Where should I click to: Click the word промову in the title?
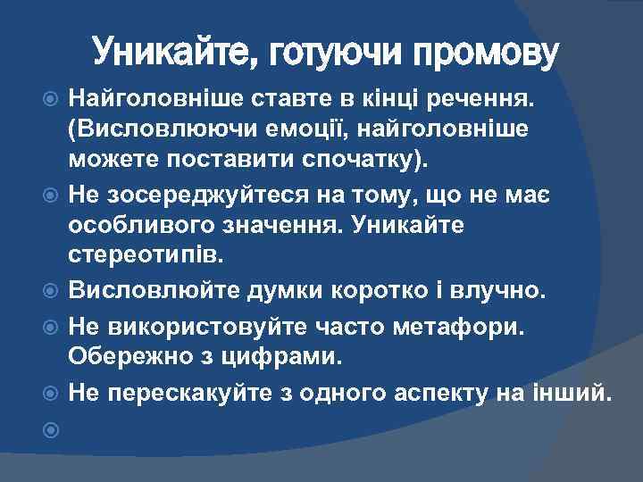tap(487, 54)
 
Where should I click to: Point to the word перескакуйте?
tap(188, 393)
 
